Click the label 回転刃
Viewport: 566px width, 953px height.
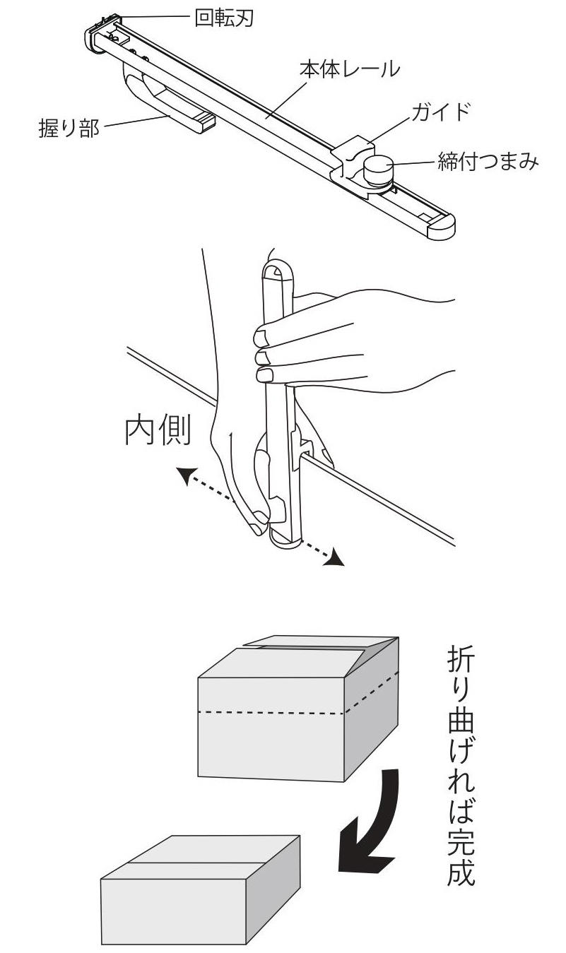224,18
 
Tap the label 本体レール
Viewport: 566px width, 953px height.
350,69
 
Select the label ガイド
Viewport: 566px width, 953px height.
440,112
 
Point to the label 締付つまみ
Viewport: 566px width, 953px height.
488,162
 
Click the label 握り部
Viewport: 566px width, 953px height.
69,128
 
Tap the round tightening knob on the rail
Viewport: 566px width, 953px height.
379,170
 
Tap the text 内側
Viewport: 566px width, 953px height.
158,432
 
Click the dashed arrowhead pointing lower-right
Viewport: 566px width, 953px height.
334,558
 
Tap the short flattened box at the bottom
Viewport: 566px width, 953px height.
200,896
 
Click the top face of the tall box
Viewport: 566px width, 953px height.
298,656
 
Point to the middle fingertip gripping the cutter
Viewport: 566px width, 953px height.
264,357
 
